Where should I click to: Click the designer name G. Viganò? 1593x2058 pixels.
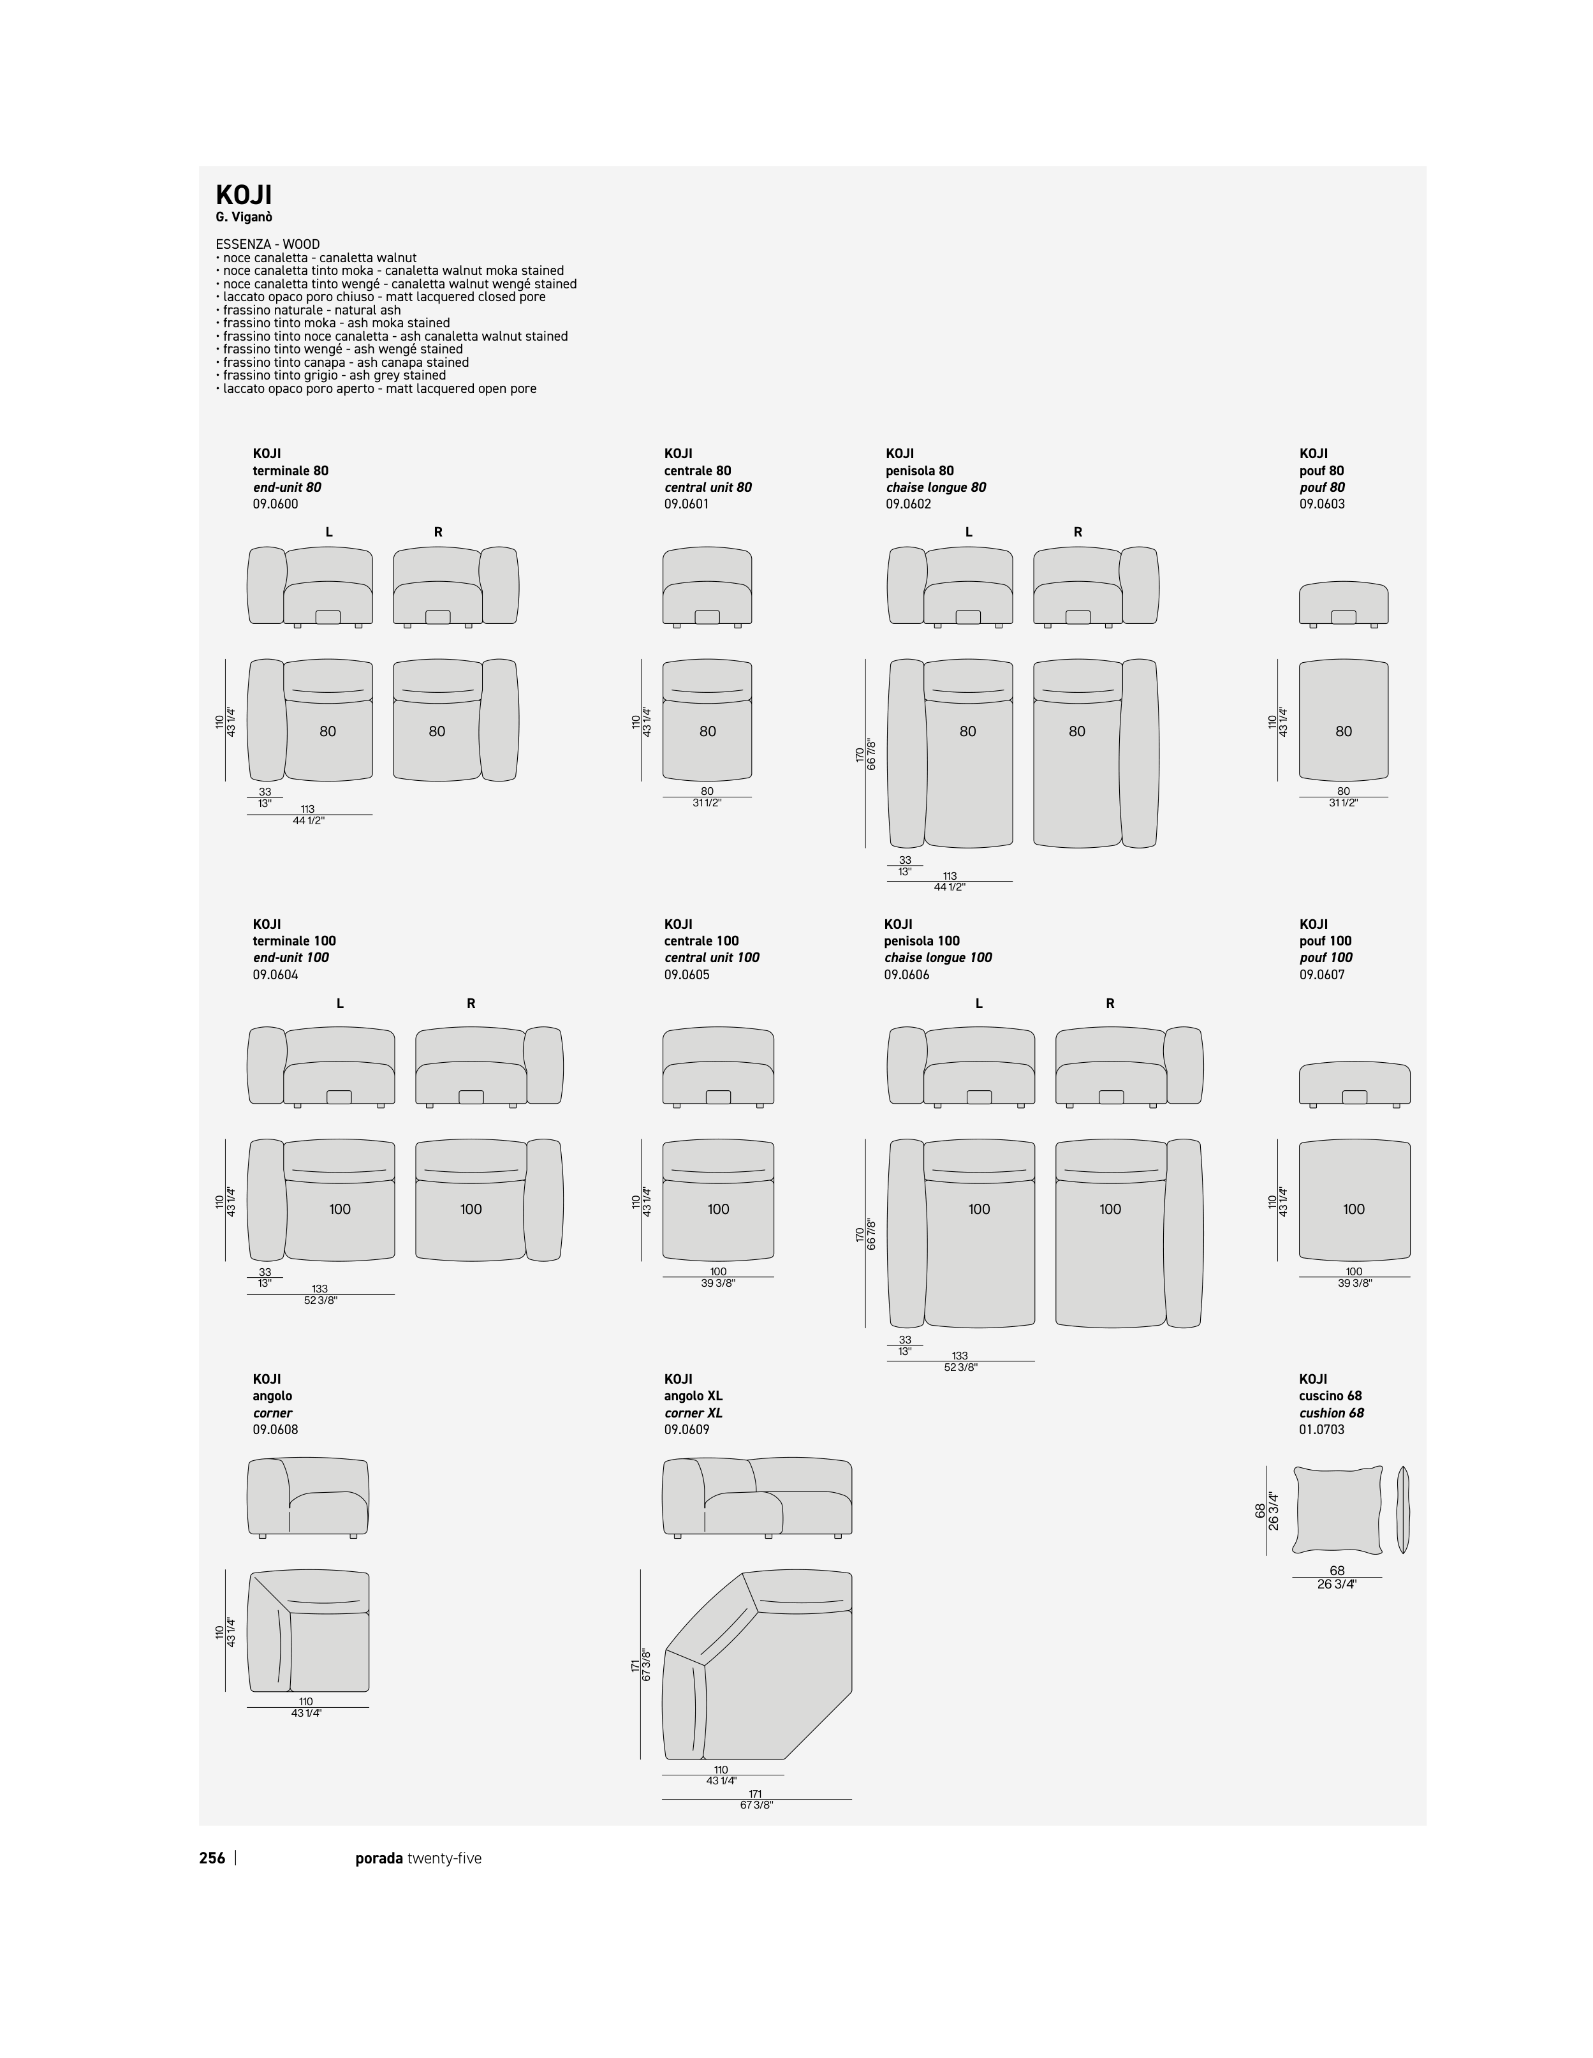click(x=244, y=218)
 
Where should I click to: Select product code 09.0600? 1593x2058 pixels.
click(x=275, y=504)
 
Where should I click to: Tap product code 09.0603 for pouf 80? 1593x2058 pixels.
click(x=1322, y=504)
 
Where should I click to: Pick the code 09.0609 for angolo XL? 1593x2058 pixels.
click(x=687, y=1430)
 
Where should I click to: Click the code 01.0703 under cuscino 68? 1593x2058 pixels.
click(x=1322, y=1430)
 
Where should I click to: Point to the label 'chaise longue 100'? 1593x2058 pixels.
click(x=937, y=958)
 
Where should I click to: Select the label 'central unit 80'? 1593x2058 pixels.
click(x=707, y=487)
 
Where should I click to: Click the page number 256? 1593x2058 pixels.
click(x=212, y=1858)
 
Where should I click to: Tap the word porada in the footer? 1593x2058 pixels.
click(x=379, y=1858)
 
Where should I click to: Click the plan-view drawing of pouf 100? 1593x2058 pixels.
click(x=1354, y=1199)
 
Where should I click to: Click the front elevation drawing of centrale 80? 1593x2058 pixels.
click(x=707, y=586)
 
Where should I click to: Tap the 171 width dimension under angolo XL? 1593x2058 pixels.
click(x=756, y=1794)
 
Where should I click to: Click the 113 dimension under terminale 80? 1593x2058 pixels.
click(x=307, y=808)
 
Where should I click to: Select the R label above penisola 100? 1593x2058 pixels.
click(x=1110, y=1003)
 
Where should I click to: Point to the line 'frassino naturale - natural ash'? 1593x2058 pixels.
click(x=312, y=310)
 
